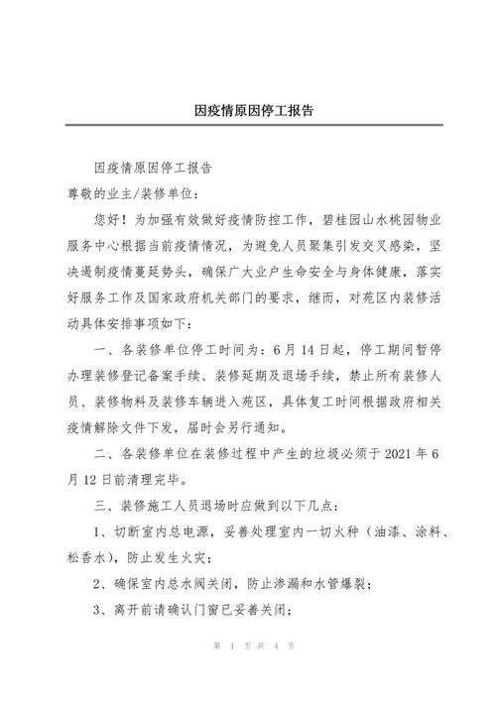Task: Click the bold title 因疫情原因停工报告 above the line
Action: coord(248,110)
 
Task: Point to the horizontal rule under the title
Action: coord(248,126)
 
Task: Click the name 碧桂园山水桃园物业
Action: coord(358,216)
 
